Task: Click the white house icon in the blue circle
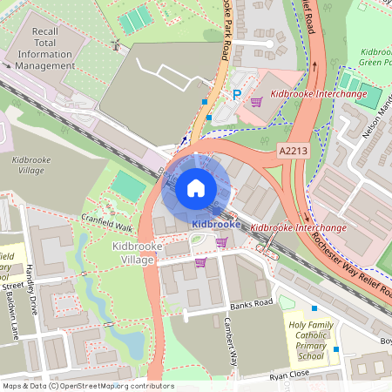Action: [196, 187]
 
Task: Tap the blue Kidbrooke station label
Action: [215, 224]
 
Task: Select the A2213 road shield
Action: [293, 151]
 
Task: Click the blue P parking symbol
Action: [235, 94]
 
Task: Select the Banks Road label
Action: [251, 302]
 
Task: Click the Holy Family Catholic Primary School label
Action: [310, 341]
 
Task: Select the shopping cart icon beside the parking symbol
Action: [255, 102]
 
